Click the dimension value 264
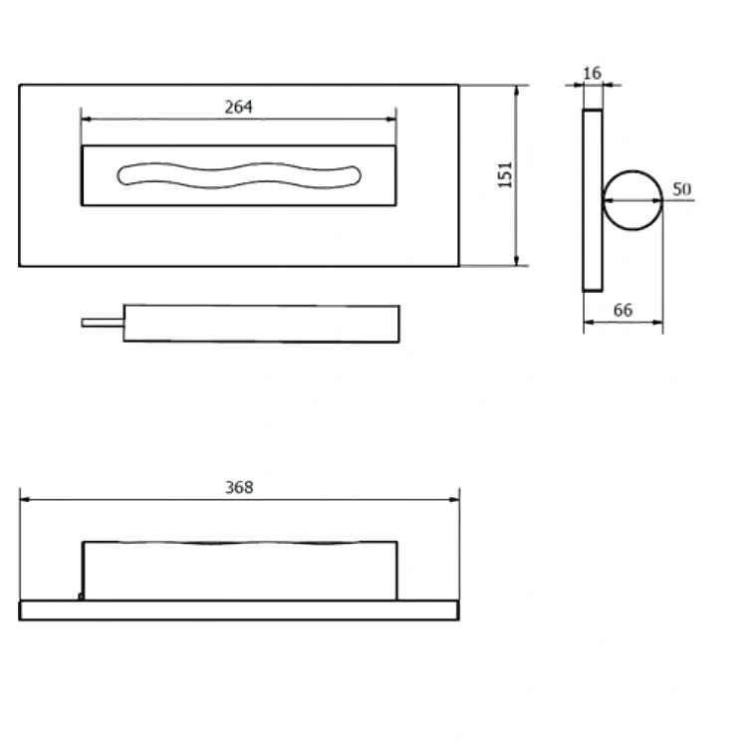238,107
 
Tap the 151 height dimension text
505,175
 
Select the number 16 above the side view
592,73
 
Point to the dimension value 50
681,189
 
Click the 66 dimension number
623,310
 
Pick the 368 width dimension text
239,487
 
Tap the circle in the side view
633,170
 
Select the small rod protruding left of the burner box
103,323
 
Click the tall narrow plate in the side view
592,200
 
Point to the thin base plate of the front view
239,611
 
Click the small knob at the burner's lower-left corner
81,597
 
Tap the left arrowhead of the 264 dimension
86,119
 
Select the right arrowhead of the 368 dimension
454,499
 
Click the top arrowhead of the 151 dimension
517,91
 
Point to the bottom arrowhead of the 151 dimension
517,261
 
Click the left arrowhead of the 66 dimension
589,323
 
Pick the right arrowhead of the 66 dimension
657,323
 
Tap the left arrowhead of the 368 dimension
25,499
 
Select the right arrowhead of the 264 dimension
391,119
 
